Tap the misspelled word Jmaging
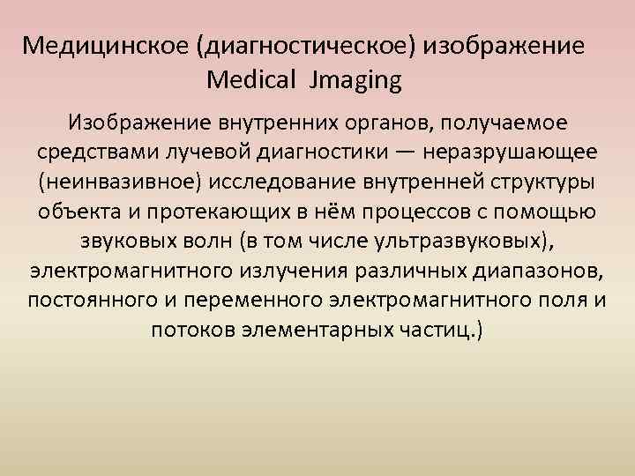point(355,82)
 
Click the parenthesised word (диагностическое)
point(302,46)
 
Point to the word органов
point(392,120)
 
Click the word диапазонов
point(530,270)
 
